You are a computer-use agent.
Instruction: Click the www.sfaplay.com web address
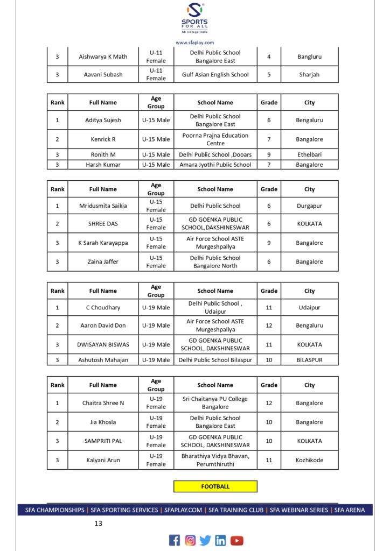tap(194, 43)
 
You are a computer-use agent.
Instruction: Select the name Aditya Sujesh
tap(103, 120)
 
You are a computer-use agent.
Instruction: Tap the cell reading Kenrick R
tap(103, 139)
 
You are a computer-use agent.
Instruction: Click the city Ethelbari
tap(309, 154)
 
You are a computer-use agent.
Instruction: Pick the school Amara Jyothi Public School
tap(215, 165)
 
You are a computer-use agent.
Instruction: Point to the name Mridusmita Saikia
tap(103, 206)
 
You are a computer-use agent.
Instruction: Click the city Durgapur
tap(309, 206)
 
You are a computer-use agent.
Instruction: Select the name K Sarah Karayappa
tap(103, 243)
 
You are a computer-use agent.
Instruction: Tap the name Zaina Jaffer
tap(103, 262)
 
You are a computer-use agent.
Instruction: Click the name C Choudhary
tap(103, 308)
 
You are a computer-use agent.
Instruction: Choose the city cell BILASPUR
tap(309, 360)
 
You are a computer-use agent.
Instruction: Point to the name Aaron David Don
tap(103, 326)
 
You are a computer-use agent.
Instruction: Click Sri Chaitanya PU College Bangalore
tap(215, 403)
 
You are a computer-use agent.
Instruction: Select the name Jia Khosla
tap(103, 422)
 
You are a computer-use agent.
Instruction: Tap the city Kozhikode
tap(309, 460)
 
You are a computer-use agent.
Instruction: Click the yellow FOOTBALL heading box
tap(215, 486)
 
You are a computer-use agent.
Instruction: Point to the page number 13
tap(98, 523)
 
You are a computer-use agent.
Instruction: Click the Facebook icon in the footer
tap(175, 540)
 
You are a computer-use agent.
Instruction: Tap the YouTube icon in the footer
tap(237, 540)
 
